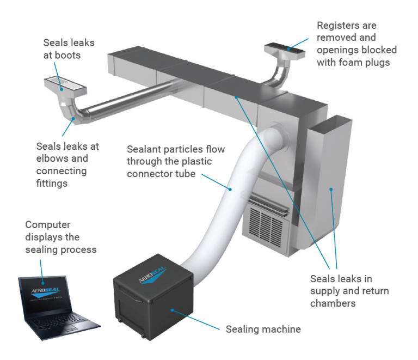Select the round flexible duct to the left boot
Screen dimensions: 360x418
(131, 100)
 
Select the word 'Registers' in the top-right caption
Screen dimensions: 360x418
(338, 26)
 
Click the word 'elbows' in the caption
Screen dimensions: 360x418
(51, 158)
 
